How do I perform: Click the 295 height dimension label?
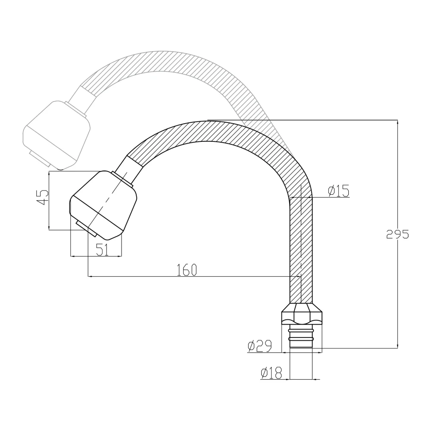point(397,234)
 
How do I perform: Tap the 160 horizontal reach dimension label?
point(187,270)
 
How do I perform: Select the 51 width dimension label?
point(102,250)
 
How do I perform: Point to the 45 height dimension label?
point(42,197)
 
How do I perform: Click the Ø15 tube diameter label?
point(339,191)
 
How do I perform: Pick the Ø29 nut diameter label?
point(259,346)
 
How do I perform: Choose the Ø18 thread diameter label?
point(271,373)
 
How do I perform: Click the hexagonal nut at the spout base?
point(302,313)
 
